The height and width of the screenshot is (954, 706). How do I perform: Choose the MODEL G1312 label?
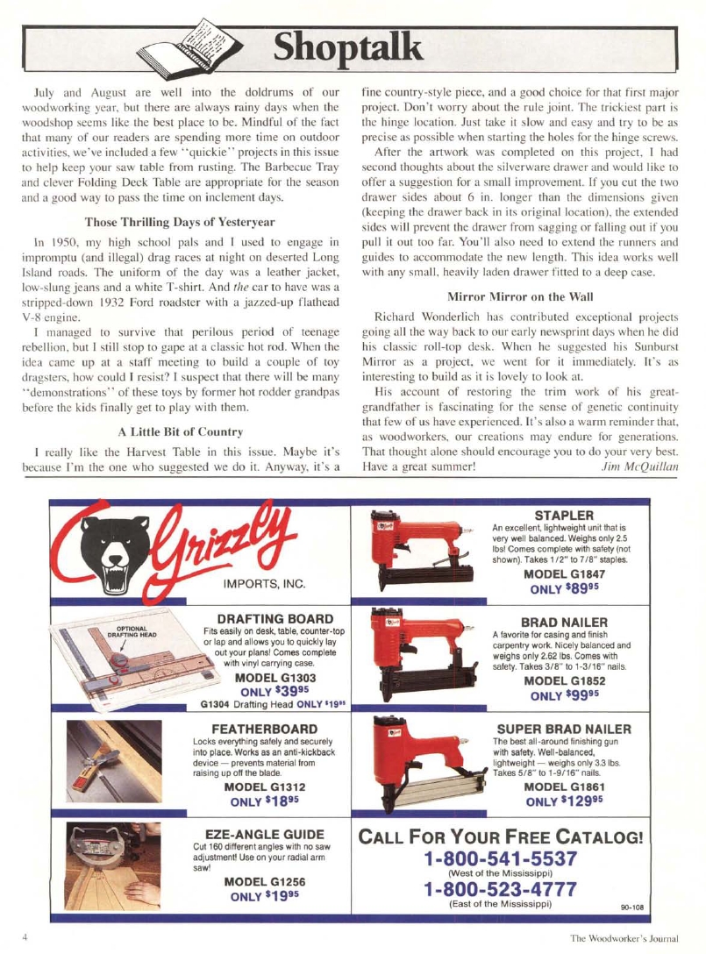(x=267, y=787)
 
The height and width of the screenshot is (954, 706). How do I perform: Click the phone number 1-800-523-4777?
(x=500, y=890)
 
